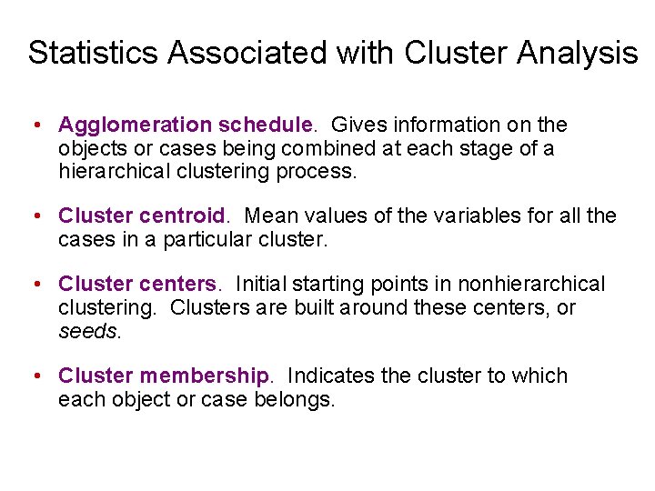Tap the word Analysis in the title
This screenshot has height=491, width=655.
578,53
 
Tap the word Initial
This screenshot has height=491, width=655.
263,285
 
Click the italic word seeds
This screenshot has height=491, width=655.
87,331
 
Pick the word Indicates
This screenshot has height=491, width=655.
330,376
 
